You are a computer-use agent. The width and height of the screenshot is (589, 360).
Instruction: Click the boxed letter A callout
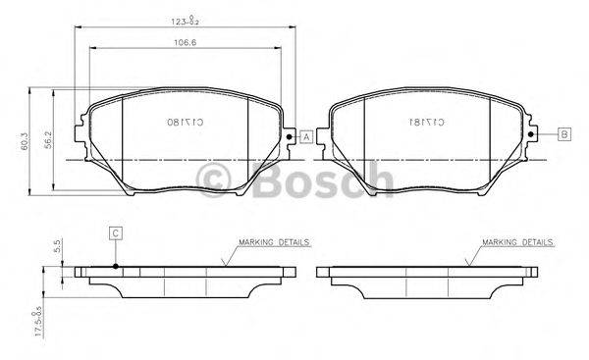click(306, 138)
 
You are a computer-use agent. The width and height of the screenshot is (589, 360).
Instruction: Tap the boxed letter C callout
click(115, 232)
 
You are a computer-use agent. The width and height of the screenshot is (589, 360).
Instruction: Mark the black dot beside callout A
click(289, 136)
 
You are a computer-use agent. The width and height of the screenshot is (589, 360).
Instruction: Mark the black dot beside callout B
click(531, 133)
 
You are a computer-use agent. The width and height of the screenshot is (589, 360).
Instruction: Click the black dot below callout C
click(115, 265)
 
